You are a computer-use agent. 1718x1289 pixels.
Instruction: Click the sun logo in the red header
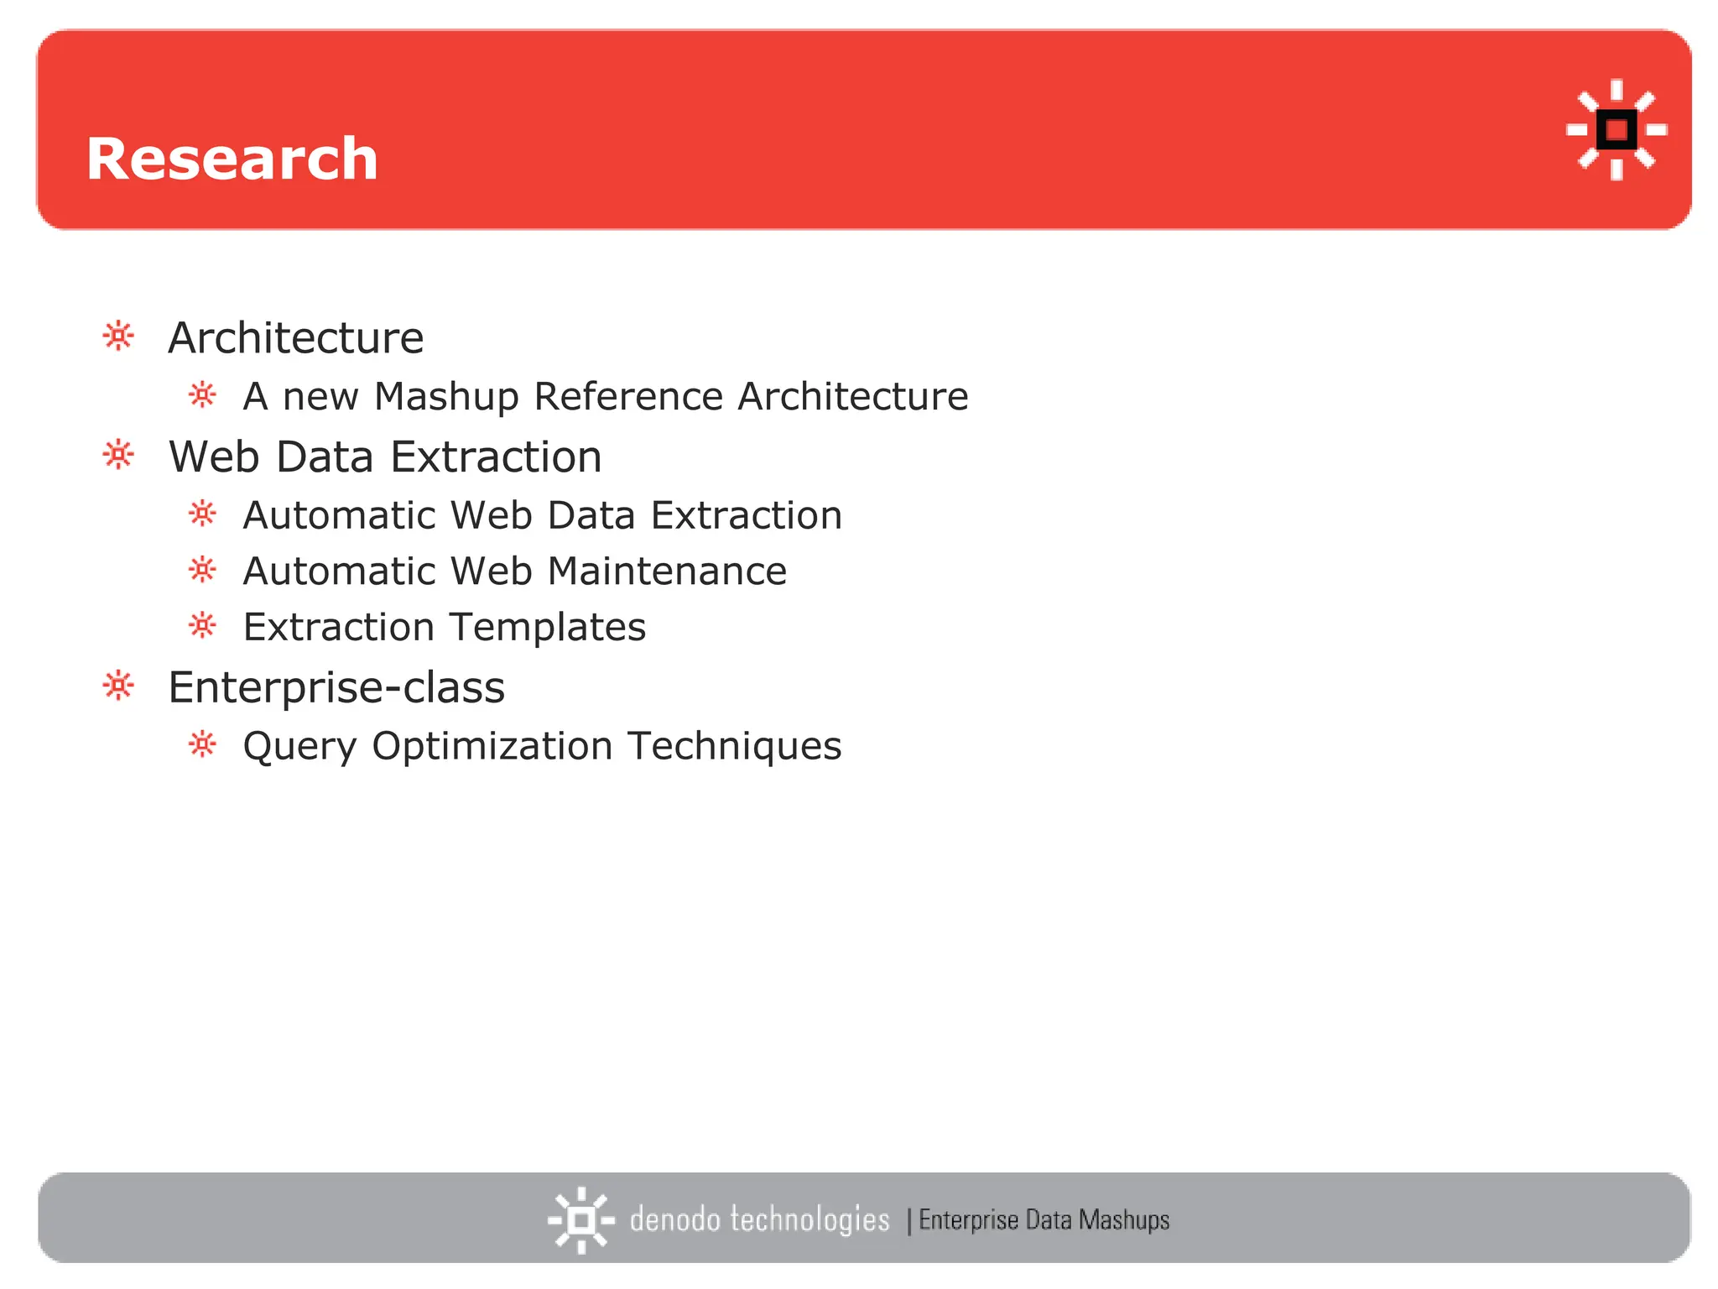(x=1616, y=130)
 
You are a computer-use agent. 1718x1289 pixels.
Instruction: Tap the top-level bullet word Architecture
(x=295, y=337)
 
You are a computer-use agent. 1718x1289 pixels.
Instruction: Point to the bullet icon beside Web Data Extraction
(x=118, y=456)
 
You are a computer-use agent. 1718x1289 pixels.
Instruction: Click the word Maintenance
(x=667, y=571)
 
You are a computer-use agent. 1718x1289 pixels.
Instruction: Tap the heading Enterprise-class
(x=336, y=687)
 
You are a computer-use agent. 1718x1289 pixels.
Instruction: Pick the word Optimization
(x=492, y=747)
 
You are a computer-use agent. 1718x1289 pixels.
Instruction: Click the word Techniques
(x=734, y=746)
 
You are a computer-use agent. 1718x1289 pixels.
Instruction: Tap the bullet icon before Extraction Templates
(x=203, y=626)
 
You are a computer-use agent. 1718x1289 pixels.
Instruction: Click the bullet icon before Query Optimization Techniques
(x=203, y=744)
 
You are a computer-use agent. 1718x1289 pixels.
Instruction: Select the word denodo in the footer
(x=674, y=1219)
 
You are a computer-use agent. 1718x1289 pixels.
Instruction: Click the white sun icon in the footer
(x=580, y=1220)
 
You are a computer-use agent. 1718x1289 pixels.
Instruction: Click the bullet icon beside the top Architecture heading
(x=118, y=337)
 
